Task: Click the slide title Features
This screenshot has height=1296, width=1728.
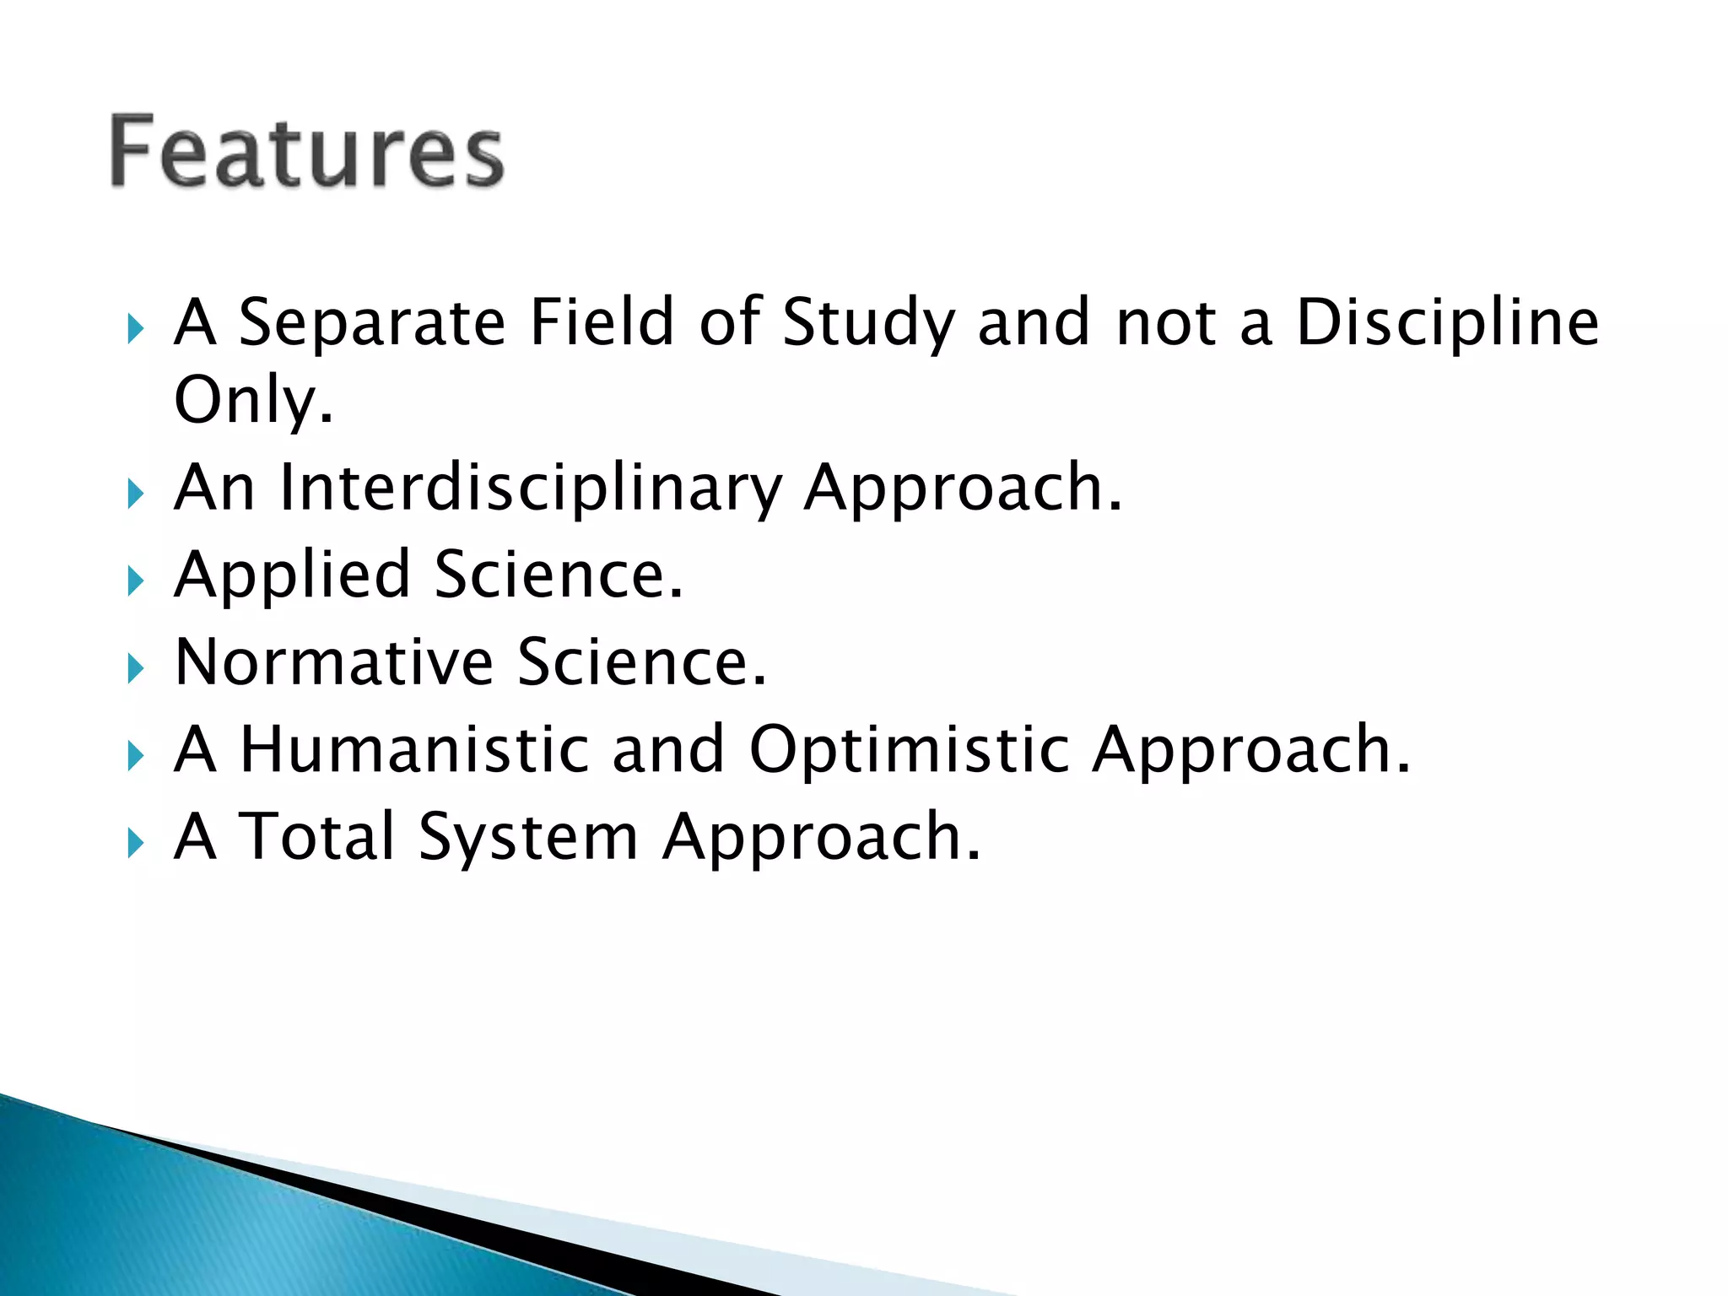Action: tap(306, 152)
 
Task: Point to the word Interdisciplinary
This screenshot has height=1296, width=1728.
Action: tap(531, 489)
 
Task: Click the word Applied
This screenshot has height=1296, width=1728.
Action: tap(292, 576)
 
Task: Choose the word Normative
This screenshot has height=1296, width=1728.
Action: tap(334, 662)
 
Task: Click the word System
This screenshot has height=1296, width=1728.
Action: tap(527, 838)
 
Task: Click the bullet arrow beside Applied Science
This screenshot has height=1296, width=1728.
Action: tap(135, 581)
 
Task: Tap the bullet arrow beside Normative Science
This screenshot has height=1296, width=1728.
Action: tap(135, 669)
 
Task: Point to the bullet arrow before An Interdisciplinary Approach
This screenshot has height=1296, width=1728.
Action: tap(135, 494)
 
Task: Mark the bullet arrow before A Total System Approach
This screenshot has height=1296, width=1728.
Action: tap(135, 842)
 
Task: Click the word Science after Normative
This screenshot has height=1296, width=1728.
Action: tap(641, 662)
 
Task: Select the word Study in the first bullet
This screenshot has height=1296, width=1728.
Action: tap(868, 324)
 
